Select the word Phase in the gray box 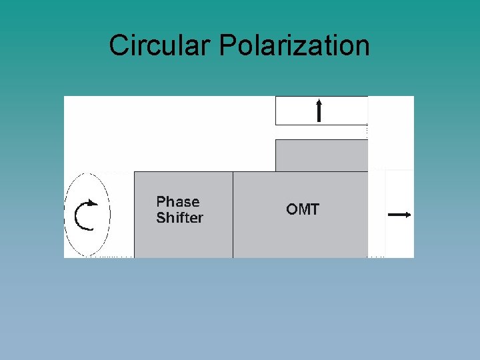[178, 202]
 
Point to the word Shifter [180, 218]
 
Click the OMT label [303, 209]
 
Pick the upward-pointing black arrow [319, 111]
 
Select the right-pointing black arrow [399, 215]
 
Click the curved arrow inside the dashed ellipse [85, 215]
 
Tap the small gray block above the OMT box [321, 155]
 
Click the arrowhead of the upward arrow [319, 102]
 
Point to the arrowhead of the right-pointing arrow [407, 215]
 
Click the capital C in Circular [119, 45]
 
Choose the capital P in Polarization [227, 45]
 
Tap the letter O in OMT [292, 209]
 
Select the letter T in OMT [314, 209]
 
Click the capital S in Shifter [161, 218]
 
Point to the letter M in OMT [303, 209]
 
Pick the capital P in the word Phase [161, 202]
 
